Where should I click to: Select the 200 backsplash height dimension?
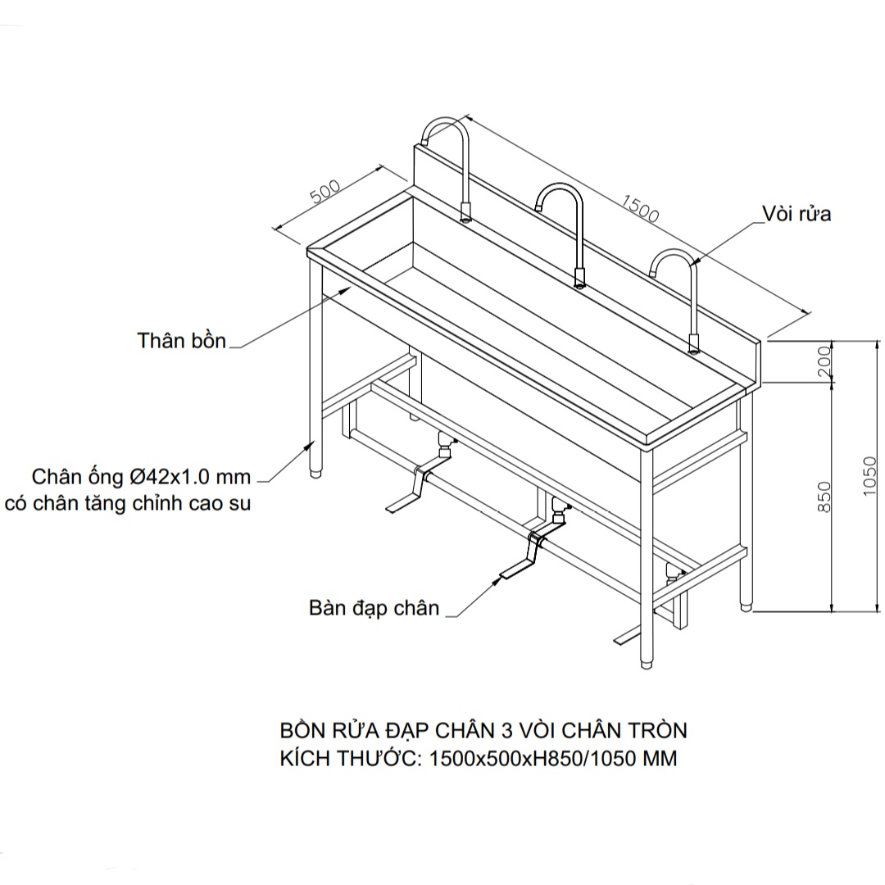point(824,361)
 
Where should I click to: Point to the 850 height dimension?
point(824,497)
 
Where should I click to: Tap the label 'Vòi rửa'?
point(796,214)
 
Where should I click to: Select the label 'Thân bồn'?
point(181,341)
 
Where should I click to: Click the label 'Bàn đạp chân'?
point(374,608)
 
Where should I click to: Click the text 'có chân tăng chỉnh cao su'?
point(128,503)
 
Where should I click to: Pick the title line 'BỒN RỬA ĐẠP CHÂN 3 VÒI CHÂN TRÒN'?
point(483,730)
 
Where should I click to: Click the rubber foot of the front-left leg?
point(316,471)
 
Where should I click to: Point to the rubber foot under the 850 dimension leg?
point(747,607)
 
